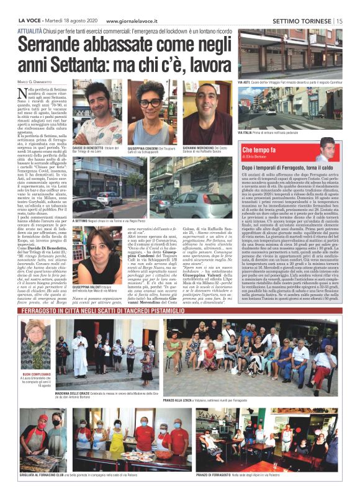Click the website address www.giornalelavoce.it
135,20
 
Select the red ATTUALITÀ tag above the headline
31,30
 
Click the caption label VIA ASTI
245,82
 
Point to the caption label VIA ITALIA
246,132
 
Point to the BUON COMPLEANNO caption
36,375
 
